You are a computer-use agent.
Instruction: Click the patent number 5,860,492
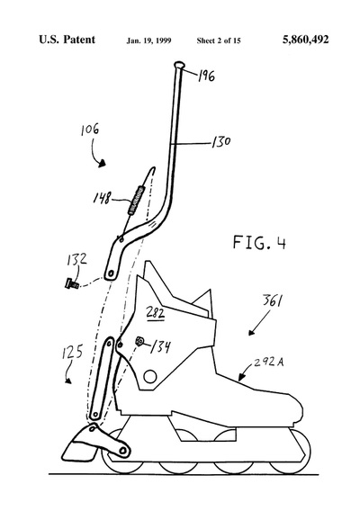pyautogui.click(x=305, y=40)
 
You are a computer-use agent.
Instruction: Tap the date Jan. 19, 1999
pyautogui.click(x=148, y=40)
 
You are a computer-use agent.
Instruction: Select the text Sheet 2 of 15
pyautogui.click(x=219, y=40)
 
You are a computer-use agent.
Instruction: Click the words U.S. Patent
pyautogui.click(x=67, y=40)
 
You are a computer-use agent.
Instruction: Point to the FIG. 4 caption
pyautogui.click(x=259, y=242)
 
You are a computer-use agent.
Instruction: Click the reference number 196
pyautogui.click(x=206, y=76)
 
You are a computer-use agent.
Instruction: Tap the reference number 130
pyautogui.click(x=221, y=142)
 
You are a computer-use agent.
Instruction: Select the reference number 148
pyautogui.click(x=103, y=198)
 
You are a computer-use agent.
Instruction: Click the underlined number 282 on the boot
pyautogui.click(x=155, y=313)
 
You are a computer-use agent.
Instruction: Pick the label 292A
pyautogui.click(x=269, y=362)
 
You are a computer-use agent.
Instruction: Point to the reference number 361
pyautogui.click(x=273, y=300)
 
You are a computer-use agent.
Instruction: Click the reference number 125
pyautogui.click(x=72, y=353)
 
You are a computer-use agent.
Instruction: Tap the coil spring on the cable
pyautogui.click(x=136, y=201)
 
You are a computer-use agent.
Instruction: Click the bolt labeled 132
pyautogui.click(x=72, y=283)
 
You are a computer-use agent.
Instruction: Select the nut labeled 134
pyautogui.click(x=139, y=342)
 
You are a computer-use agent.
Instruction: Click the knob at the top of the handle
pyautogui.click(x=179, y=65)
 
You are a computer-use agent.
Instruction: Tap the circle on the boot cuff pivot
pyautogui.click(x=150, y=376)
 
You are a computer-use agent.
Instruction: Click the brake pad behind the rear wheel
pyautogui.click(x=79, y=447)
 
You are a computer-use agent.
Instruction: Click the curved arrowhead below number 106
pyautogui.click(x=102, y=164)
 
